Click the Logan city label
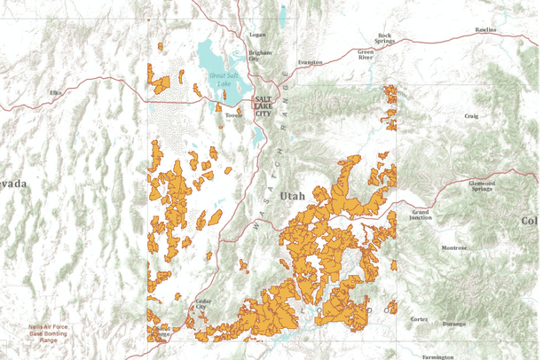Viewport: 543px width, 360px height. [x=258, y=35]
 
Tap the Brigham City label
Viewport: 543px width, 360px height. [x=260, y=54]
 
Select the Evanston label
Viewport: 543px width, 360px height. [x=311, y=62]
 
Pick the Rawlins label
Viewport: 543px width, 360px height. [x=486, y=29]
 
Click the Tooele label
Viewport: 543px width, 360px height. [x=234, y=114]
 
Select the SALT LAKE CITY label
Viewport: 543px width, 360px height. [x=264, y=106]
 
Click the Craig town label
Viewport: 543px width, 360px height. [x=471, y=116]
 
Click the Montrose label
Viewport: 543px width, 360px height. [x=454, y=247]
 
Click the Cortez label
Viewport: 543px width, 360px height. [x=419, y=318]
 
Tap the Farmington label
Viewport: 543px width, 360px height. [x=437, y=356]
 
